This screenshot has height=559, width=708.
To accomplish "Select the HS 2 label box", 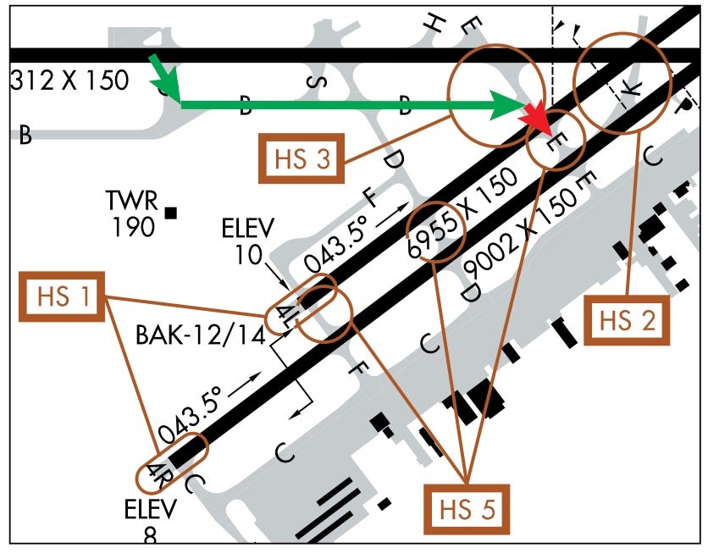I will [x=628, y=320].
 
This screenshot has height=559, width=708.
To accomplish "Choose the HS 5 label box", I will [x=467, y=511].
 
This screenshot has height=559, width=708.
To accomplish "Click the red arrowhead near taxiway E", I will [x=539, y=123].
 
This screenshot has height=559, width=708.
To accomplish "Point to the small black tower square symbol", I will [x=172, y=213].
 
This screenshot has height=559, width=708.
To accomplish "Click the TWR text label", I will [x=131, y=202].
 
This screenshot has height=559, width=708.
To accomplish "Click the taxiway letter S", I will [x=315, y=81].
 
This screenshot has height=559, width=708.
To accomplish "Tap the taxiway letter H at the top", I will [x=434, y=25].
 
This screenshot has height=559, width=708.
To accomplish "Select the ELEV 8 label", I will [x=151, y=520].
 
